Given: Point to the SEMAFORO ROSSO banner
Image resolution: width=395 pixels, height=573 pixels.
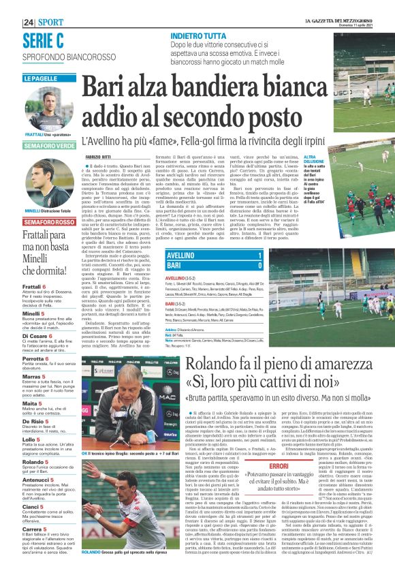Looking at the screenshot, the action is [x=48, y=223].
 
